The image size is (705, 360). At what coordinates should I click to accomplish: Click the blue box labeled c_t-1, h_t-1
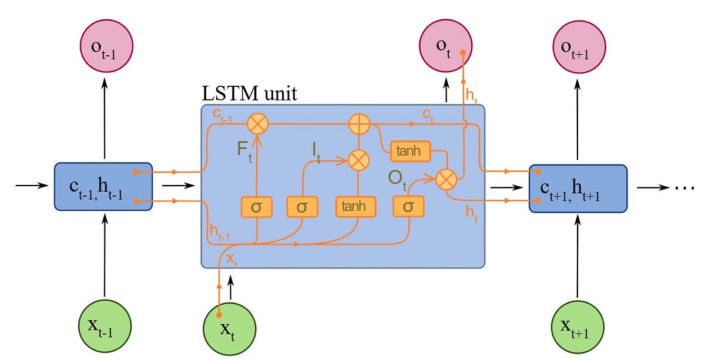pos(103,187)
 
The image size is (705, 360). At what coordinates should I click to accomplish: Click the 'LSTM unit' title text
pos(249,93)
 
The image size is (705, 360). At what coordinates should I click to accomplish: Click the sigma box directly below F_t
pos(256,207)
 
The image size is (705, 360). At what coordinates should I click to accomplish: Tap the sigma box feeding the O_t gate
pos(408,207)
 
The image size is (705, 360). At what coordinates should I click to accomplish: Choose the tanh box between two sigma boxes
pos(355,207)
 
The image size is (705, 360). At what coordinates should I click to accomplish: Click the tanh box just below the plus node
pos(409,152)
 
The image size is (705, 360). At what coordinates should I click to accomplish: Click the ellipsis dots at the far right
pos(685,188)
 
